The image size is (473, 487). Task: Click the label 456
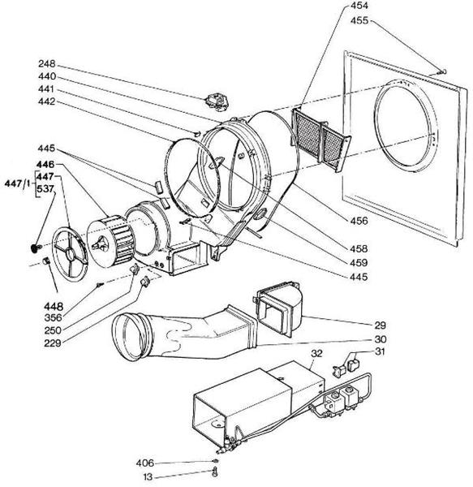tap(358, 221)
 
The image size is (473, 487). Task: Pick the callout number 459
tap(358, 263)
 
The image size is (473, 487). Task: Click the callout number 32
tap(316, 354)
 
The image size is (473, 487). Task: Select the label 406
tap(145, 463)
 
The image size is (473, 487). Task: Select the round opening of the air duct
tap(131, 334)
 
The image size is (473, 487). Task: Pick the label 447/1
tap(18, 182)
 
